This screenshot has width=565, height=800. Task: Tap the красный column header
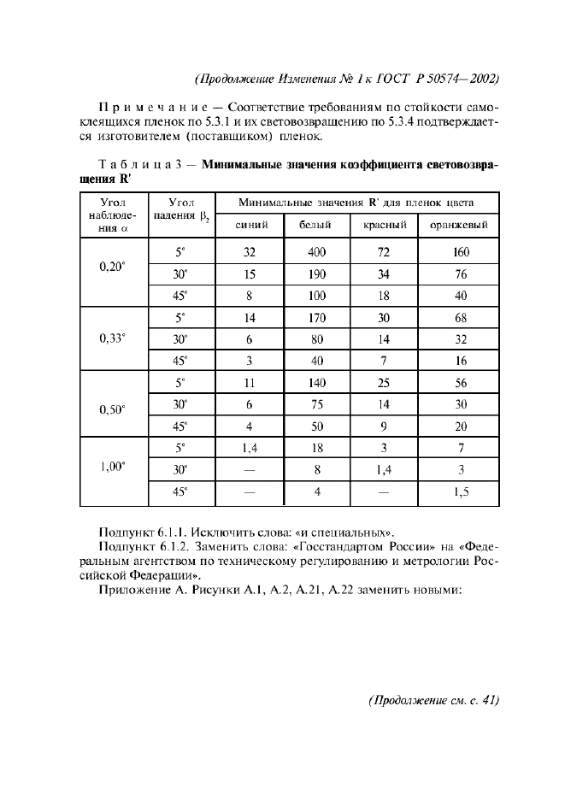(x=383, y=226)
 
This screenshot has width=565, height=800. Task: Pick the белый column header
(x=316, y=226)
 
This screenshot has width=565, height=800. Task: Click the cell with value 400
(x=317, y=253)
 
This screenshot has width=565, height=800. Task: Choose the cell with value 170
(x=317, y=318)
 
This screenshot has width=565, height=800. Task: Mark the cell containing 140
(x=317, y=382)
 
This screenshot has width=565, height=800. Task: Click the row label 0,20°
(x=112, y=266)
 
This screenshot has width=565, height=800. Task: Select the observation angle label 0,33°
(x=112, y=338)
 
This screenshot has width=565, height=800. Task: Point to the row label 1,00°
(x=112, y=467)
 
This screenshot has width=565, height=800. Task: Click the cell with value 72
(x=383, y=253)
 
